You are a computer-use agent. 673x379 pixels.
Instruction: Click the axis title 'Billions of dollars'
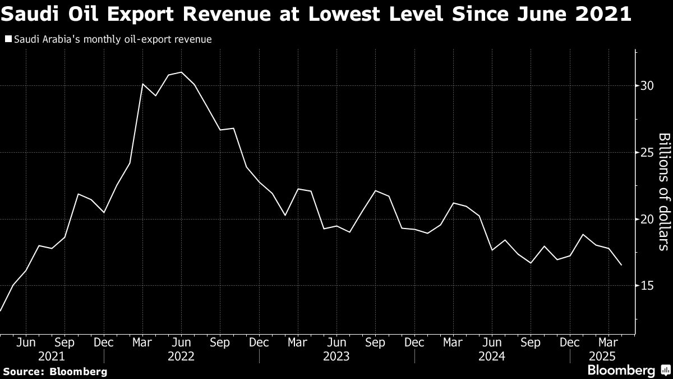tap(663, 191)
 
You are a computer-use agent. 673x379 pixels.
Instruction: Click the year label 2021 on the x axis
tap(51, 356)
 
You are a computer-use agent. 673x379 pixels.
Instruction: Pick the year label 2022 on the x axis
tap(181, 356)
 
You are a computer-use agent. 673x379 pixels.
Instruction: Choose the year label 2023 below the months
tap(336, 356)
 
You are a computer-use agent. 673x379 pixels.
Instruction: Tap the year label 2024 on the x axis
tap(492, 356)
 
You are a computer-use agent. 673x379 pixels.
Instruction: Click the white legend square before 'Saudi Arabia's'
tap(7, 39)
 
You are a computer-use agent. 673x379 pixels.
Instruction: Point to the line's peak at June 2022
tap(181, 72)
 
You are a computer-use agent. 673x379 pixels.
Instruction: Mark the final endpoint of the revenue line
tap(621, 265)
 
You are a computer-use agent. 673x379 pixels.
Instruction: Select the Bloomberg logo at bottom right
tap(621, 371)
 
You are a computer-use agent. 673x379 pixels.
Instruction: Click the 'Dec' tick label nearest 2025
tap(570, 342)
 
